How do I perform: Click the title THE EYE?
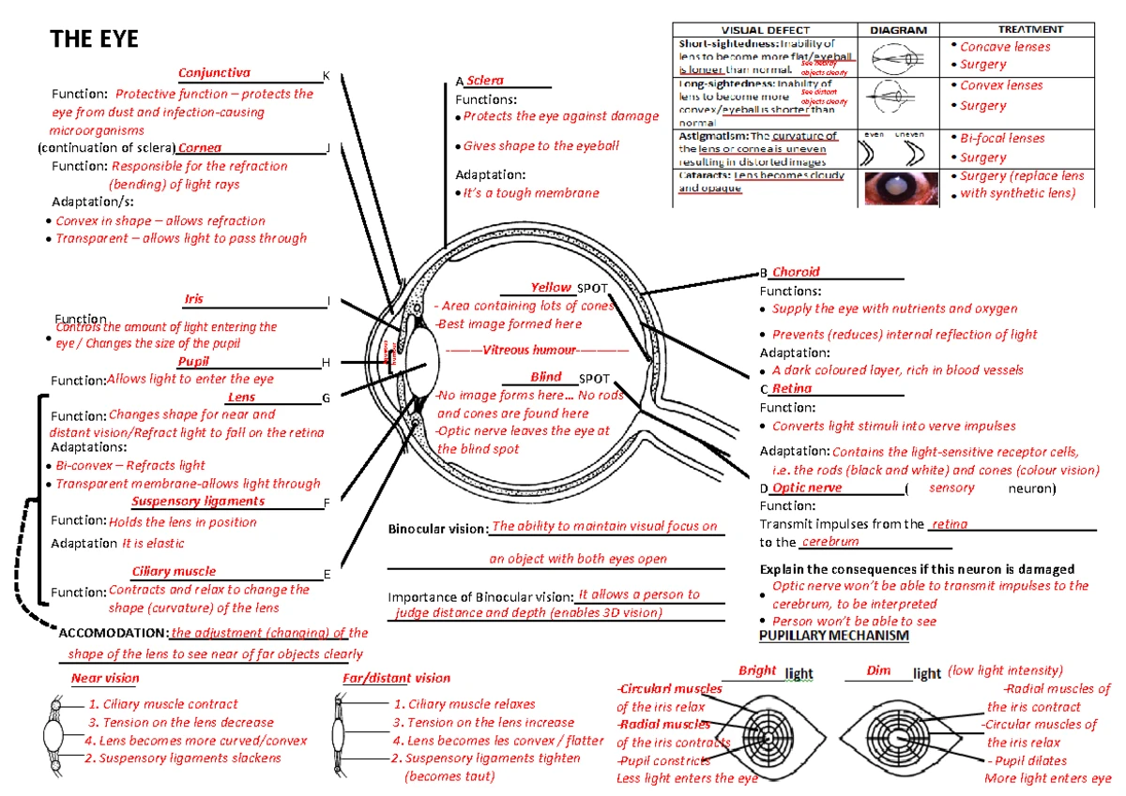[94, 38]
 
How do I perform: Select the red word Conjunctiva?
[214, 72]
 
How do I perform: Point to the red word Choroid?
[796, 272]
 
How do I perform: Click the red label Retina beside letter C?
[792, 388]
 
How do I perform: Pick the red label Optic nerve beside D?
[807, 488]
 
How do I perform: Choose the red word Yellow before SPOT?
[551, 287]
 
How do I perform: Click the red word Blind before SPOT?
[546, 377]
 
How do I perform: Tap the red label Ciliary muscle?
[174, 571]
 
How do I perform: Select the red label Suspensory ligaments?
[198, 501]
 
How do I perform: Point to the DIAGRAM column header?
[898, 30]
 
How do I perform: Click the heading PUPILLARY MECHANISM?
[833, 636]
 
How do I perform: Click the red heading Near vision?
[105, 678]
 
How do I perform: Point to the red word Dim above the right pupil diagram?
[878, 670]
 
